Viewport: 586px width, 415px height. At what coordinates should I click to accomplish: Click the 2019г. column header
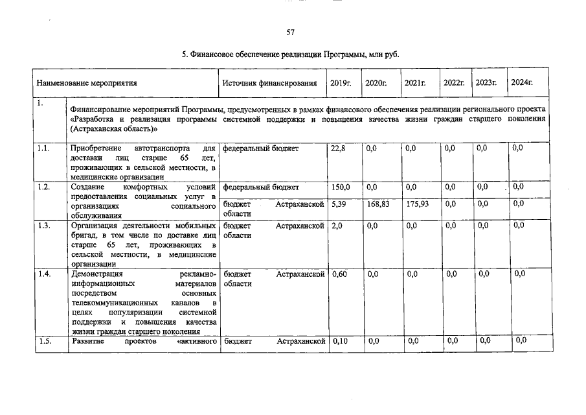tap(341, 83)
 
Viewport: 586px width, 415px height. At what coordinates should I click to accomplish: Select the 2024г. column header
tap(522, 82)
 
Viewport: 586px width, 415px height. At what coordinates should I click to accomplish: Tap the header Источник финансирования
tap(269, 83)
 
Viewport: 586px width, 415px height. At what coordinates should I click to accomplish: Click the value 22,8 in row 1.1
tap(338, 149)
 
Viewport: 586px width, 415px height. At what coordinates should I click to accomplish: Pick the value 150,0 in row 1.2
tap(341, 187)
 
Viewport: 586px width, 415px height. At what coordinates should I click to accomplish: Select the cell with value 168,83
tap(377, 204)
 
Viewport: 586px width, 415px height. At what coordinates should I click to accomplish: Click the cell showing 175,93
tap(416, 204)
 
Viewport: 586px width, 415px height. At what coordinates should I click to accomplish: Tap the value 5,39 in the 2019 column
tap(339, 204)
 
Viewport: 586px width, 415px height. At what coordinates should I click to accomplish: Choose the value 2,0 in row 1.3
tap(336, 226)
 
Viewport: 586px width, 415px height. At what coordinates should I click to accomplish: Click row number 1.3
tap(44, 226)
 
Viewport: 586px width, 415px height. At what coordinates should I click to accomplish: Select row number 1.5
tap(44, 340)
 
